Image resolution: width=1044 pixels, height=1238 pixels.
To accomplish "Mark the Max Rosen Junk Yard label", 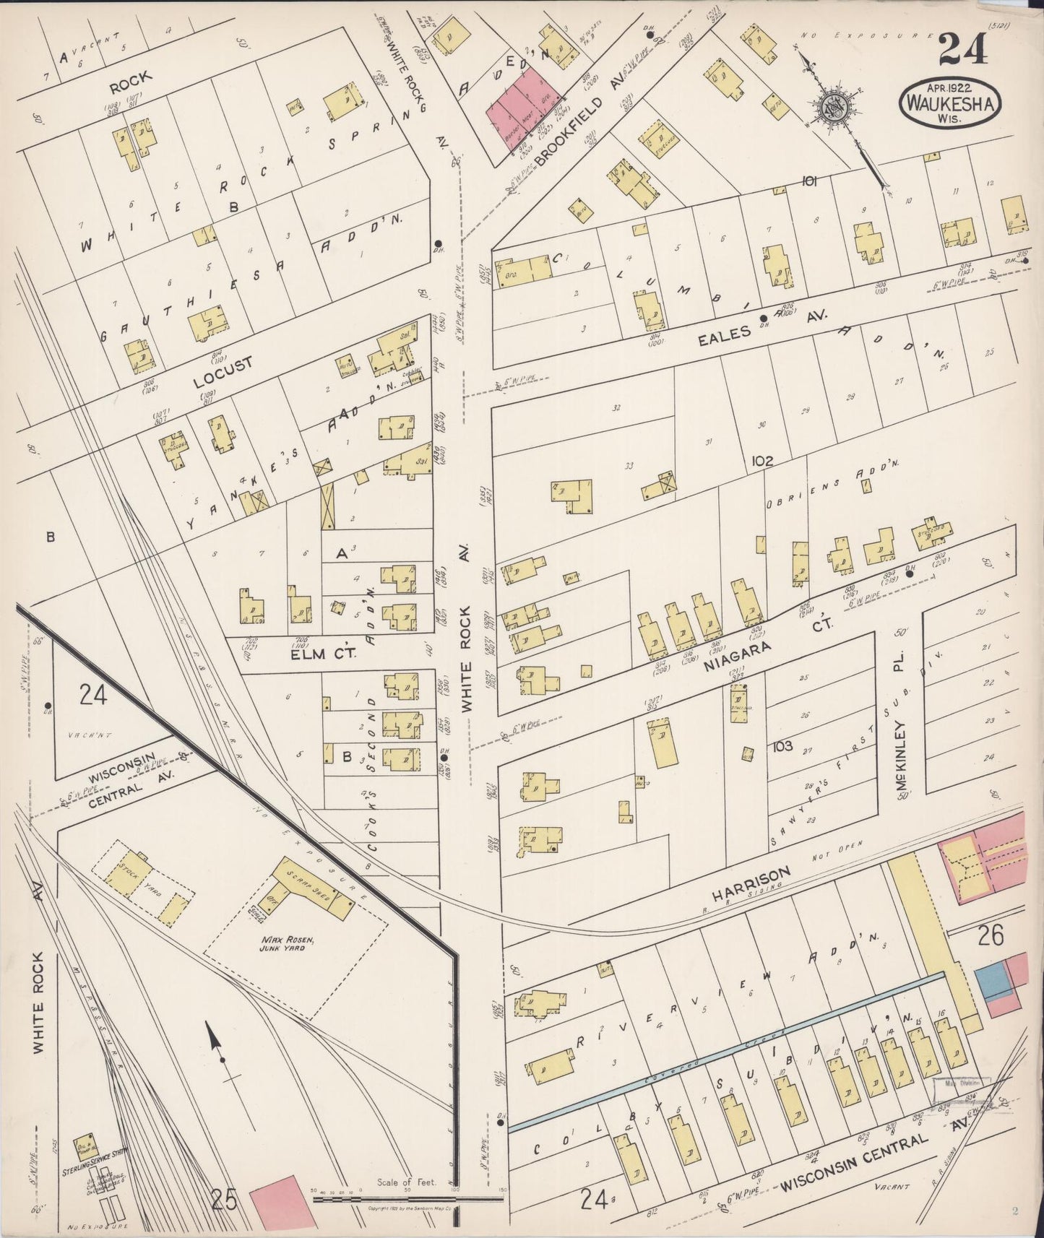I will click(278, 945).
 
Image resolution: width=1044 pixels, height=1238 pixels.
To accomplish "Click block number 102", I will click(761, 461).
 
